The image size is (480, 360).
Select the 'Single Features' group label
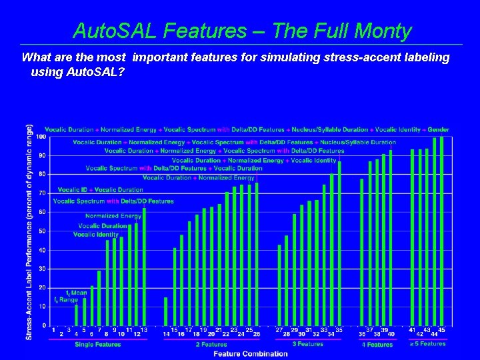[98, 345]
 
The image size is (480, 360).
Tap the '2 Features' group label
[211, 345]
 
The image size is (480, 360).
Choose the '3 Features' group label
[307, 344]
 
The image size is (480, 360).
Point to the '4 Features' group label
[377, 345]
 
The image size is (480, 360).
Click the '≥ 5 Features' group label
[427, 344]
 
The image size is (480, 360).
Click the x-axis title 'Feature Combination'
[251, 353]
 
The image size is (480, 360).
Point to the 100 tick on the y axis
[41, 137]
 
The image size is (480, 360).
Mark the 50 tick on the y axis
[43, 231]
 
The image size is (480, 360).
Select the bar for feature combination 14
[166, 311]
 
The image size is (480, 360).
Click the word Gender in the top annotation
[439, 129]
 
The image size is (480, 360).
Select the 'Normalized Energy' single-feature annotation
[113, 216]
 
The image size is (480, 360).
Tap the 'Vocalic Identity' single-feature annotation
[96, 235]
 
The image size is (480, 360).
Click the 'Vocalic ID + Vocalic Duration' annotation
[101, 190]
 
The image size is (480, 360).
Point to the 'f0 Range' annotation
[67, 300]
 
